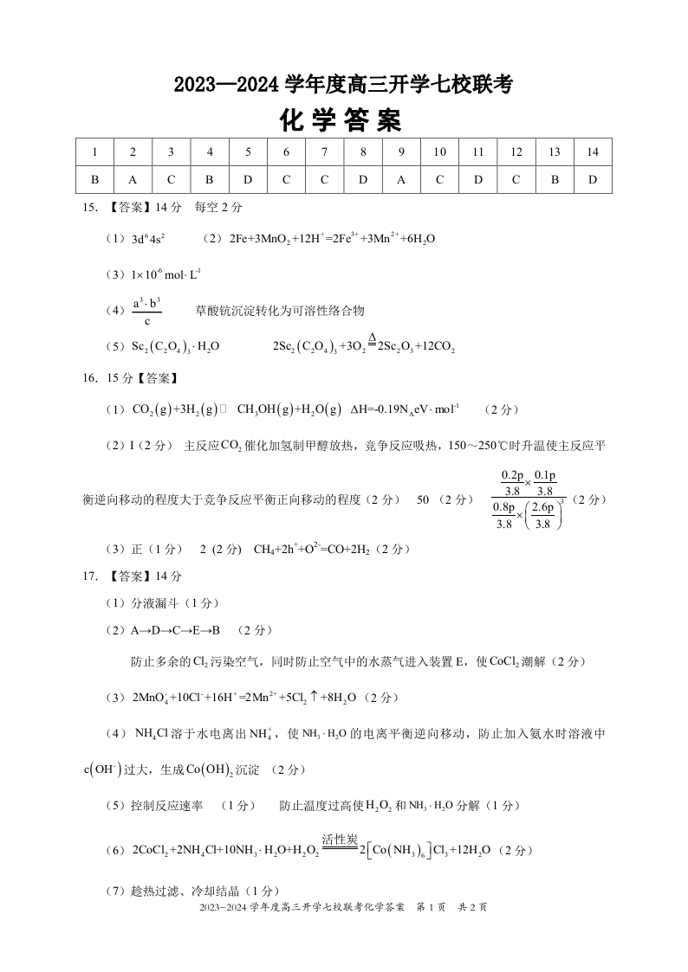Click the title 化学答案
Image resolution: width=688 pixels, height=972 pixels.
click(x=342, y=120)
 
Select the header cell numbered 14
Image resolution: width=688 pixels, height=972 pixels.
click(x=592, y=152)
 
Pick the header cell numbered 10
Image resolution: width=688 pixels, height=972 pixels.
click(x=439, y=152)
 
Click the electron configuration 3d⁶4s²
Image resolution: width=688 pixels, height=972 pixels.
click(x=148, y=240)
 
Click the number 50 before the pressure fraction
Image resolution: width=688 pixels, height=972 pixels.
click(x=424, y=499)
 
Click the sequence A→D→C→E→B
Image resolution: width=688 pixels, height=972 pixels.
click(x=176, y=629)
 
